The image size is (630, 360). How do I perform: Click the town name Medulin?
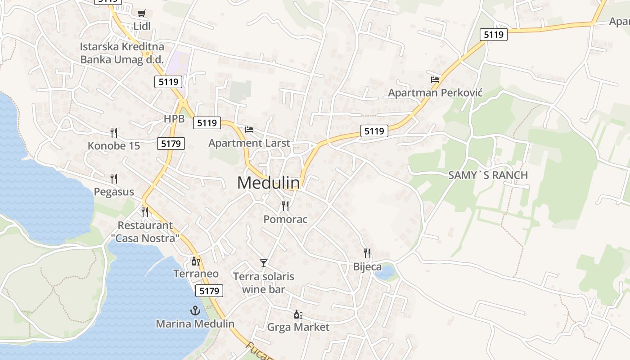(x=268, y=183)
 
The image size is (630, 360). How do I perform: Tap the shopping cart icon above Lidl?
(x=142, y=13)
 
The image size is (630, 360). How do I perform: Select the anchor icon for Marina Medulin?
(x=195, y=310)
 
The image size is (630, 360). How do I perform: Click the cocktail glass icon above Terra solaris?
(x=264, y=263)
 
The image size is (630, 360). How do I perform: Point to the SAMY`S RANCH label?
(x=488, y=175)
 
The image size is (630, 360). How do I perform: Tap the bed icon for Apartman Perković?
(x=435, y=80)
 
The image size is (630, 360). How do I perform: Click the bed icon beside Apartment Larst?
(x=249, y=130)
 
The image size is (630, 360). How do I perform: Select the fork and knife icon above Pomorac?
(x=285, y=206)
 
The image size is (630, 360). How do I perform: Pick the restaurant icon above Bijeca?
(x=367, y=253)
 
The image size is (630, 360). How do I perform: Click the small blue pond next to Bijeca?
(x=385, y=273)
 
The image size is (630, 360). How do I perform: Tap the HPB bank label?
(x=174, y=119)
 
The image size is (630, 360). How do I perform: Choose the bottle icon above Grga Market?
(x=298, y=314)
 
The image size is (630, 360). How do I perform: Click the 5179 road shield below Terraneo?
(x=209, y=291)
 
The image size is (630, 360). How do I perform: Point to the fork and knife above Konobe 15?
(x=114, y=132)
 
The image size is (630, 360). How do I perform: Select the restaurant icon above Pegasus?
(x=114, y=179)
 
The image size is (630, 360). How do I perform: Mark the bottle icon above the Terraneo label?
(x=196, y=261)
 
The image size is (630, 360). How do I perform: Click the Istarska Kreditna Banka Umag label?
(x=122, y=53)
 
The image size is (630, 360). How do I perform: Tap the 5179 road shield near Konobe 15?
(x=171, y=144)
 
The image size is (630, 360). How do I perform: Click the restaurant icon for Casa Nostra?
(x=145, y=211)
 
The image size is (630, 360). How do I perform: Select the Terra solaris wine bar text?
(x=264, y=283)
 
